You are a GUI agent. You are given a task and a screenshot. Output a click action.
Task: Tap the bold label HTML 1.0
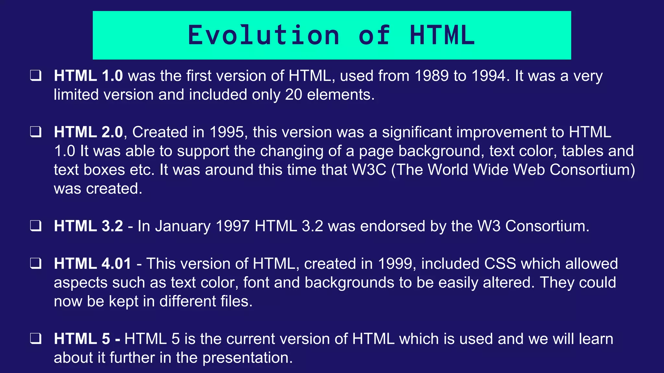88,76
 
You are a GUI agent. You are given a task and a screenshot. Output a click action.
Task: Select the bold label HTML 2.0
88,132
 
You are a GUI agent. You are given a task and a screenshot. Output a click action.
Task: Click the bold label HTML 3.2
88,226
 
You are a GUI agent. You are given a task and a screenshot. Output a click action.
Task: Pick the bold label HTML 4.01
92,264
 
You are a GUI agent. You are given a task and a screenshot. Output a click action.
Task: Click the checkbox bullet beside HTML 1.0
36,76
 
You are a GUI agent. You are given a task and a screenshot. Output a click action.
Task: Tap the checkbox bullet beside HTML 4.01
36,264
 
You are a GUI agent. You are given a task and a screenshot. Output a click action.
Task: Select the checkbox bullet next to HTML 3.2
36,226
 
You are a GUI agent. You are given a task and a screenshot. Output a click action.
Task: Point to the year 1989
432,76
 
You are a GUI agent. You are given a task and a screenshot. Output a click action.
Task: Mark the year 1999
397,264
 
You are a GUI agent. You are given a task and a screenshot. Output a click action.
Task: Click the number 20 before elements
293,95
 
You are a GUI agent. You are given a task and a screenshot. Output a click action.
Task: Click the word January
183,226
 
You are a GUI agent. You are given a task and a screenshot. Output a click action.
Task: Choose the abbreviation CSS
500,264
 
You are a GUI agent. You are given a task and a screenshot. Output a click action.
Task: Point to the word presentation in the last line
247,358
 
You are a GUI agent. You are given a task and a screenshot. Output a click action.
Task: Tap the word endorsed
393,226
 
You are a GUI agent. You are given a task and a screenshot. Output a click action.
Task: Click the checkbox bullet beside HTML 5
36,339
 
